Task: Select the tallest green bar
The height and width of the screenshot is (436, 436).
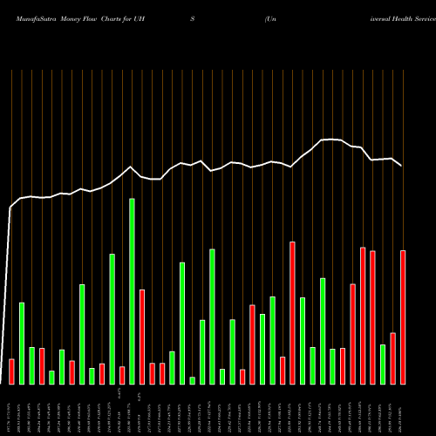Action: point(132,291)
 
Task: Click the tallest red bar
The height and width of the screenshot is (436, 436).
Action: point(292,312)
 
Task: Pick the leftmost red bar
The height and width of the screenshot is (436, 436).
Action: point(11,371)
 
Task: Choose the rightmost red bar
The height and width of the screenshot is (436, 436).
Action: point(403,317)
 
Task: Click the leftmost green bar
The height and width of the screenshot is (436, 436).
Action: point(22,343)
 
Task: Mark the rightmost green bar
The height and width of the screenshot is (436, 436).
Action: point(383,364)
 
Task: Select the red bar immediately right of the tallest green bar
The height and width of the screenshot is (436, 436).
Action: point(142,337)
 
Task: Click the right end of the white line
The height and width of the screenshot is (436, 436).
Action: point(402,166)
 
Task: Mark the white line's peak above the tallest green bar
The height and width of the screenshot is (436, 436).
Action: point(131,167)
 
